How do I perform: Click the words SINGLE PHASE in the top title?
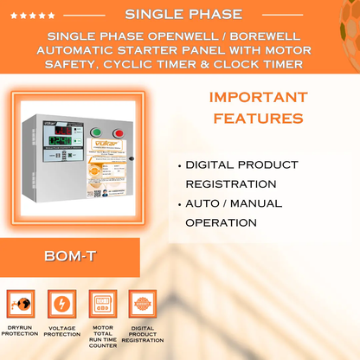point(183,15)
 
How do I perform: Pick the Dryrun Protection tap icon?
point(21,305)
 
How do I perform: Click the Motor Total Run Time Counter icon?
point(102,305)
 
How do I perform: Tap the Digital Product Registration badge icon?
point(142,305)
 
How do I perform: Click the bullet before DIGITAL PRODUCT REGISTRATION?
point(178,164)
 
